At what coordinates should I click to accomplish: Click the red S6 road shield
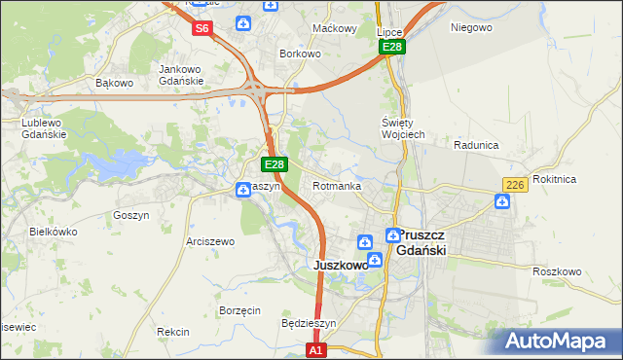tap(202, 28)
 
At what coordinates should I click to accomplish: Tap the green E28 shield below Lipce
tap(392, 47)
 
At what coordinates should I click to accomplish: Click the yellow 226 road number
tap(515, 185)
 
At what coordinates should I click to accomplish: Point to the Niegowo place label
tap(471, 27)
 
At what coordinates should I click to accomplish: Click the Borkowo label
tap(300, 54)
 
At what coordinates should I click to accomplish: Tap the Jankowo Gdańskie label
tap(180, 74)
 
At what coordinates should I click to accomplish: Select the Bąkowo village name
tap(114, 83)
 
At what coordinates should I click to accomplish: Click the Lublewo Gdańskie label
tap(44, 128)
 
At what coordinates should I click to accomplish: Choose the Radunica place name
tap(476, 145)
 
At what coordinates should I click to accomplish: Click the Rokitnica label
tap(582, 179)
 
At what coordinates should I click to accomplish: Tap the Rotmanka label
tap(338, 186)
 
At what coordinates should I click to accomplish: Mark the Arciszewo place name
tap(210, 241)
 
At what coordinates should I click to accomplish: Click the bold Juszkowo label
tap(340, 265)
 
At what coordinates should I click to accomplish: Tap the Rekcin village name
tap(172, 332)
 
